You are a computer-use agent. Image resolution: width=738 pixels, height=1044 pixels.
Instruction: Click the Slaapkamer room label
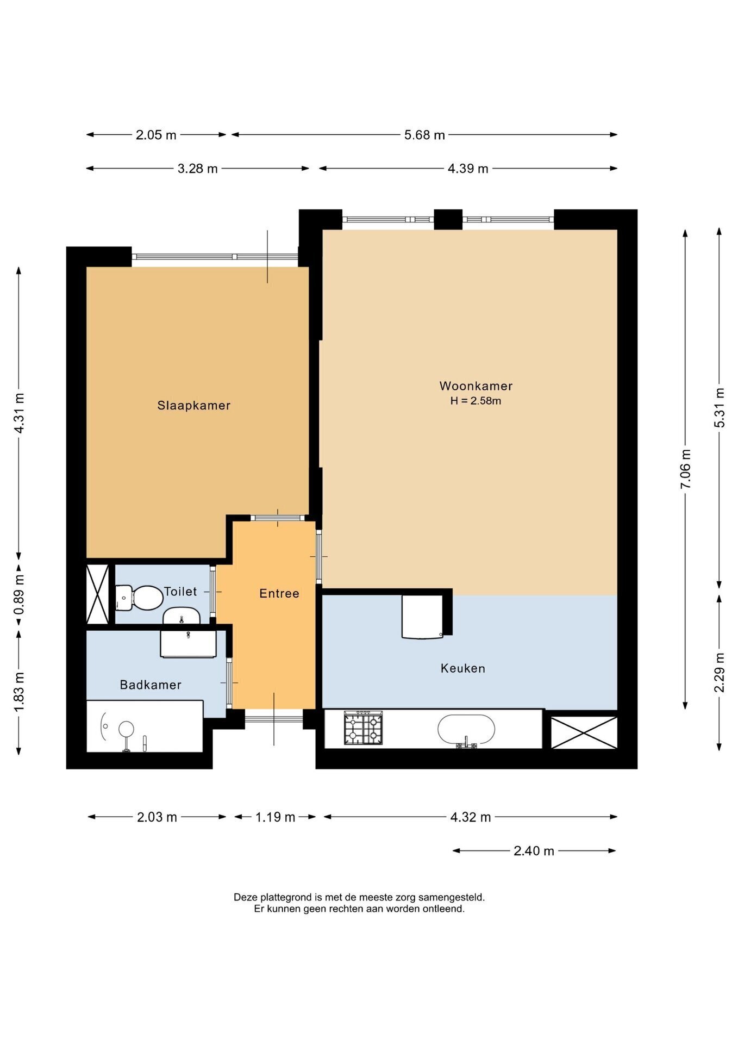194,405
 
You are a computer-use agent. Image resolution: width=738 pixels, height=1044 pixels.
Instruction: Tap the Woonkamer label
476,386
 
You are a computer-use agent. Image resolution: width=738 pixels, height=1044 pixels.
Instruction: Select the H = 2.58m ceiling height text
476,401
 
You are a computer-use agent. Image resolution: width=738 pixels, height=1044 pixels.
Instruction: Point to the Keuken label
463,668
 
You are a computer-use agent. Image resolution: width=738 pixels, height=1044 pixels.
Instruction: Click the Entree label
279,593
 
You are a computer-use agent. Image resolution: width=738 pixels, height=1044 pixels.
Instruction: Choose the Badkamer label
151,685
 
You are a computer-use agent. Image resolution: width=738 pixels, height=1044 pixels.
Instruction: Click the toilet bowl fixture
139,598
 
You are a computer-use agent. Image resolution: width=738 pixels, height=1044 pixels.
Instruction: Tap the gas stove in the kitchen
363,728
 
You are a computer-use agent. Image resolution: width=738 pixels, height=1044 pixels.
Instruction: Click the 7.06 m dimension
685,469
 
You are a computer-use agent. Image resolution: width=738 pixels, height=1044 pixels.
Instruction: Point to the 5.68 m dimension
424,135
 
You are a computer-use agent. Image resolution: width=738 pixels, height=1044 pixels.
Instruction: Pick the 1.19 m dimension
275,817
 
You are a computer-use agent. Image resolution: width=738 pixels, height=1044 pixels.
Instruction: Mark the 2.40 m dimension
534,850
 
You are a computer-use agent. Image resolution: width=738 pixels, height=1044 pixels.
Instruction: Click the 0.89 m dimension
19,595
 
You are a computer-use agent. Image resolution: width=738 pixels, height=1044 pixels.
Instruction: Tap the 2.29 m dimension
719,672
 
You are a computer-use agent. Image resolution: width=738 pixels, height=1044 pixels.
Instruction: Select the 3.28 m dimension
198,169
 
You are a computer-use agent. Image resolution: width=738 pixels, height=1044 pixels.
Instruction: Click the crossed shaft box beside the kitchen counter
584,732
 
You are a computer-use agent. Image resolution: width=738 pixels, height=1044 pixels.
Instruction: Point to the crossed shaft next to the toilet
98,594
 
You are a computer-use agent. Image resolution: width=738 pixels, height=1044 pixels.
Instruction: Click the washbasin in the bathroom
188,643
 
